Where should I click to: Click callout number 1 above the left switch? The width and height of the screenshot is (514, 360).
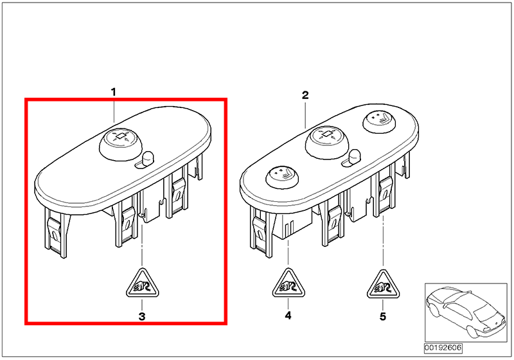click(114, 92)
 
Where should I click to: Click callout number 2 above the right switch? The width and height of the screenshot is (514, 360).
click(305, 95)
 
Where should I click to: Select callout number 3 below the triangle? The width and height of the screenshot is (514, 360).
click(142, 317)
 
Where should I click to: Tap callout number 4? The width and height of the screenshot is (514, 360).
click(288, 316)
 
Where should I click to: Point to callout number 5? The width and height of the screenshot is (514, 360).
click(383, 317)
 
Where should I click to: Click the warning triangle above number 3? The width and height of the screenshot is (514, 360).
click(142, 285)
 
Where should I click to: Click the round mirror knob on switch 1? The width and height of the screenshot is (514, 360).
click(121, 143)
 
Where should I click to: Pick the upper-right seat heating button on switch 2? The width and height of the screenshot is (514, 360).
click(379, 122)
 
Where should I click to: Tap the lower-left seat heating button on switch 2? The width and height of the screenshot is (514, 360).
click(282, 177)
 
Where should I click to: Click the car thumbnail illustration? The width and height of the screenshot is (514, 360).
click(466, 313)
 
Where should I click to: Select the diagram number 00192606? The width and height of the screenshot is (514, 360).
click(443, 348)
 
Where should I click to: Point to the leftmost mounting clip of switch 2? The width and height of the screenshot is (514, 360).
click(261, 232)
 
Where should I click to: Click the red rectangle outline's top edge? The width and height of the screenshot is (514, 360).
click(126, 100)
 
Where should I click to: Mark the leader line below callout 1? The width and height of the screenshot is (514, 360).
click(114, 110)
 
